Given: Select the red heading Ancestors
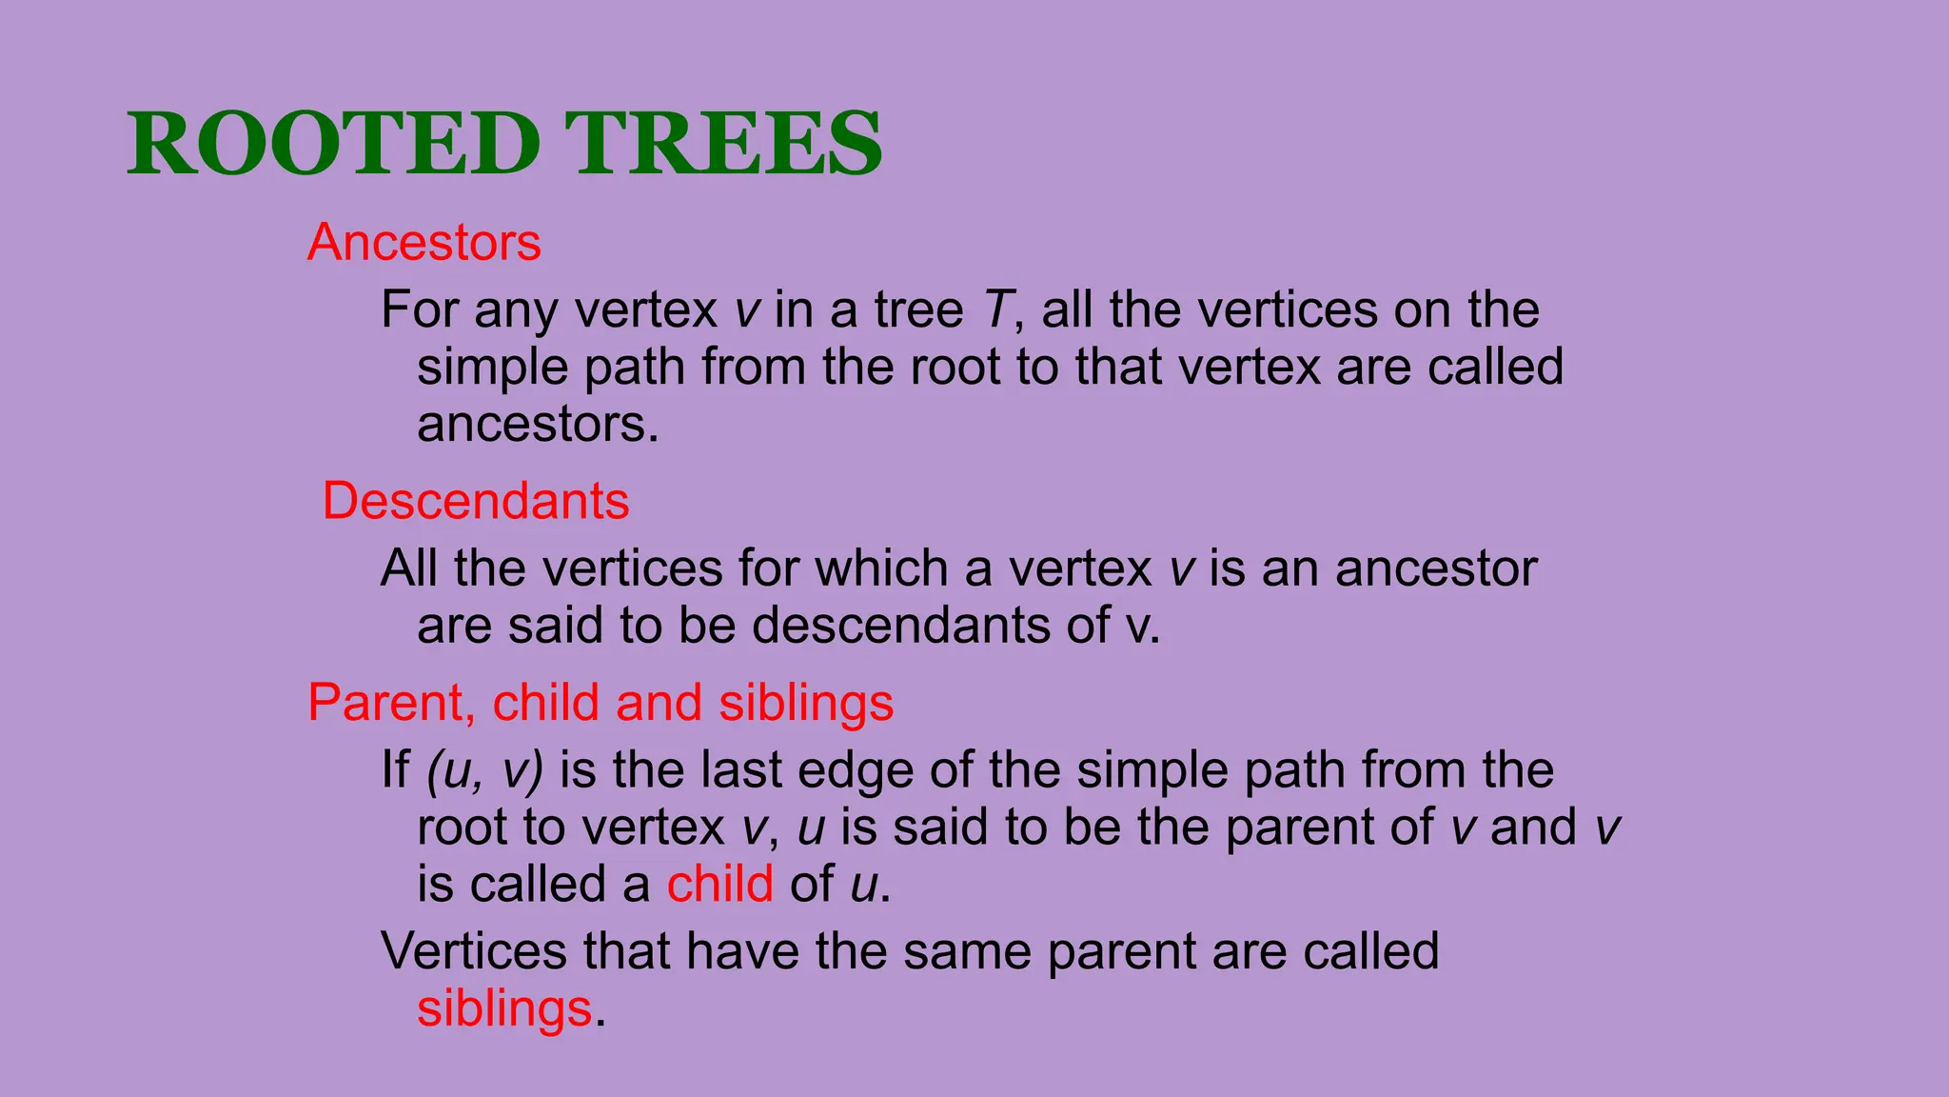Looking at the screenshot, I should point(423,242).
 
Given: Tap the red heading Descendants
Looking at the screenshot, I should point(476,501).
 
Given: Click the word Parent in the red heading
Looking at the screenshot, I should point(390,703).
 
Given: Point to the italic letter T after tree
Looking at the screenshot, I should point(995,309).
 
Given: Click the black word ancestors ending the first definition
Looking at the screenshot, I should point(536,425).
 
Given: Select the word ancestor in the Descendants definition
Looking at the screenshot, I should point(1435,568).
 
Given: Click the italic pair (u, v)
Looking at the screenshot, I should point(484,769).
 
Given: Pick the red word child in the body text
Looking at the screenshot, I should point(719,884).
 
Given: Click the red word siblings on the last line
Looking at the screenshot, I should point(504,1008).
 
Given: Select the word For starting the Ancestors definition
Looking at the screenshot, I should point(419,309).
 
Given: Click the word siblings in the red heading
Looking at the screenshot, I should point(805,703).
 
